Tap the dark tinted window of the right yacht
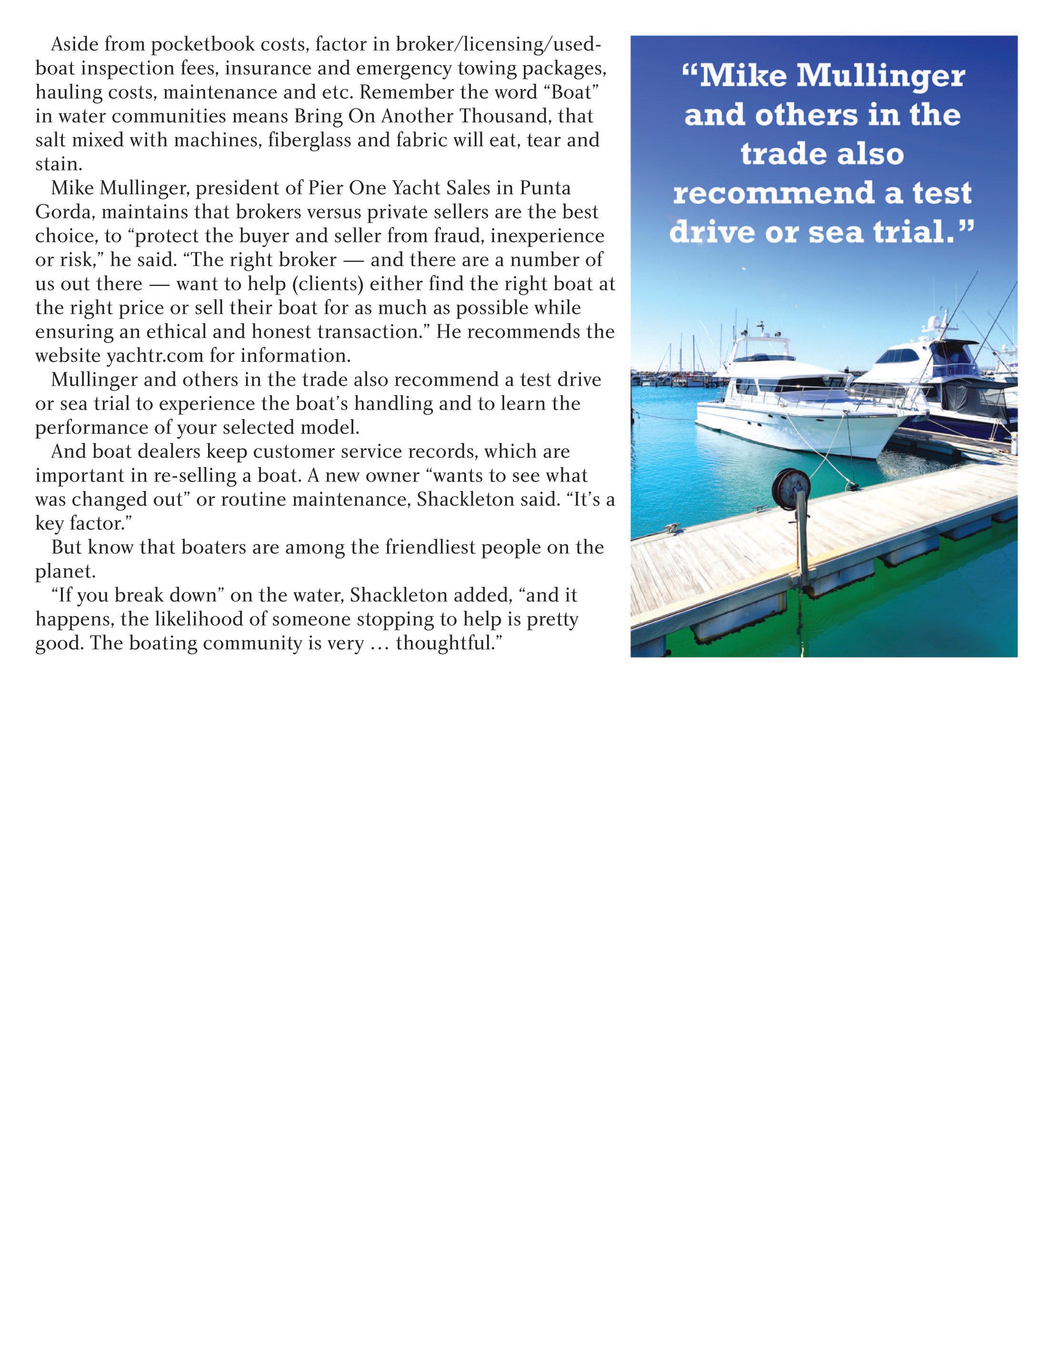pos(901,357)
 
